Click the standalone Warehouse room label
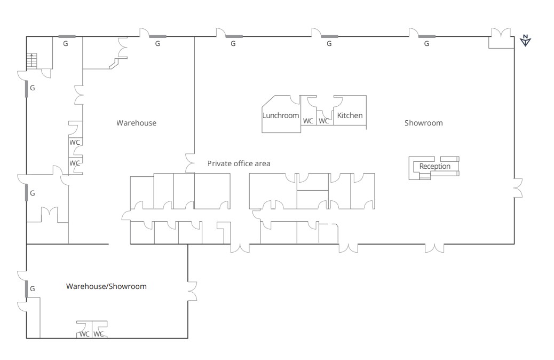[137, 123]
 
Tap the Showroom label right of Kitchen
[423, 123]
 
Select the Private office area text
[239, 163]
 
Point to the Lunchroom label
[281, 115]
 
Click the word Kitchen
[350, 115]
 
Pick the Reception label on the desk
[434, 166]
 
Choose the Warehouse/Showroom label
[106, 286]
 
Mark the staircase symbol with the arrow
[31, 61]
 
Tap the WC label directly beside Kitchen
[323, 121]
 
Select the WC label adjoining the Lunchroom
[308, 121]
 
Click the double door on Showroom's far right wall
[518, 188]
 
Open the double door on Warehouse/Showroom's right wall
[192, 291]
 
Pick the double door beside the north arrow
[501, 33]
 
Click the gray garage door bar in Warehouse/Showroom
[27, 289]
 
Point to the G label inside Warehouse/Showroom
[32, 289]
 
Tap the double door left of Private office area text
[190, 163]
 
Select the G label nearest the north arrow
[426, 43]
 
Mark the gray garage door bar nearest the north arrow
[427, 36]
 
